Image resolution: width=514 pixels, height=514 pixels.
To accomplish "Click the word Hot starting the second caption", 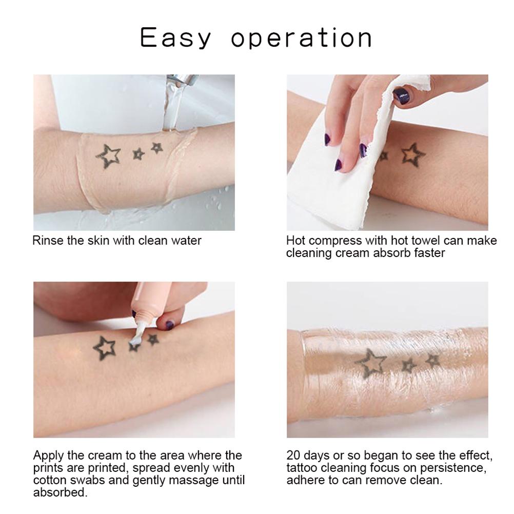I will (296, 241).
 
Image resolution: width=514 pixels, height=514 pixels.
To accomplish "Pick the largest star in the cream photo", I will (105, 348).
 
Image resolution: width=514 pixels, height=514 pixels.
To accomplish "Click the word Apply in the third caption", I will (47, 456).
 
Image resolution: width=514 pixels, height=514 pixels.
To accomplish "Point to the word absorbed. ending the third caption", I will (61, 493).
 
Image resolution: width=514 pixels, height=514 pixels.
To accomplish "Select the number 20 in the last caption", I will (293, 456).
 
